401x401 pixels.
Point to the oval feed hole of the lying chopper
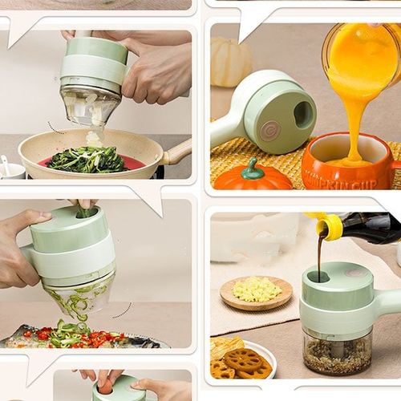(x=304, y=115)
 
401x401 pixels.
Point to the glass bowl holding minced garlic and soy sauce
(x=337, y=353)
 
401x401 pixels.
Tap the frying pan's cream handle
(x=177, y=150)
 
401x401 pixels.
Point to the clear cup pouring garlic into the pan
(x=90, y=107)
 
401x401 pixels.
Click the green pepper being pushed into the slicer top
(x=85, y=212)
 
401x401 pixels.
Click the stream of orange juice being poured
(x=349, y=112)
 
